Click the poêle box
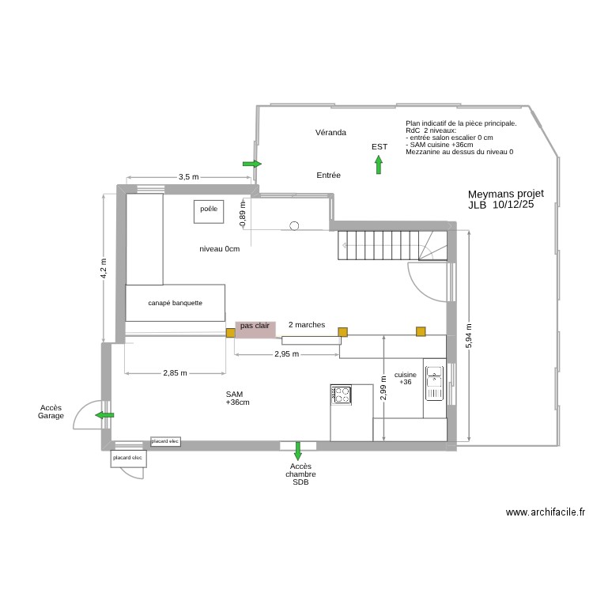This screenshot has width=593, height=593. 209,210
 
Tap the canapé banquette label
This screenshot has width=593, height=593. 175,303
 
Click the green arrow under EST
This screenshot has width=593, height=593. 379,164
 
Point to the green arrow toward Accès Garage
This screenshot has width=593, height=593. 104,414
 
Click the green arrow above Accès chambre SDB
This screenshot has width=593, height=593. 298,451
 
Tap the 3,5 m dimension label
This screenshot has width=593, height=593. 188,177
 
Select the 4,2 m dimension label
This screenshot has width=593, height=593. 104,269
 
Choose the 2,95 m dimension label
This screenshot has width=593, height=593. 287,354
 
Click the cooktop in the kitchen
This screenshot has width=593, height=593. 342,394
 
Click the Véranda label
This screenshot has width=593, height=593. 330,132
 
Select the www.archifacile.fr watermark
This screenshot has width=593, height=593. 546,512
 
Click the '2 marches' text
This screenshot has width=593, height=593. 307,325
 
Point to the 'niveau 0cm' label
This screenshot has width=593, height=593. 219,249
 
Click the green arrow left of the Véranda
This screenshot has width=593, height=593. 252,164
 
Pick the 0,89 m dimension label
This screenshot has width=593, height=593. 243,213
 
